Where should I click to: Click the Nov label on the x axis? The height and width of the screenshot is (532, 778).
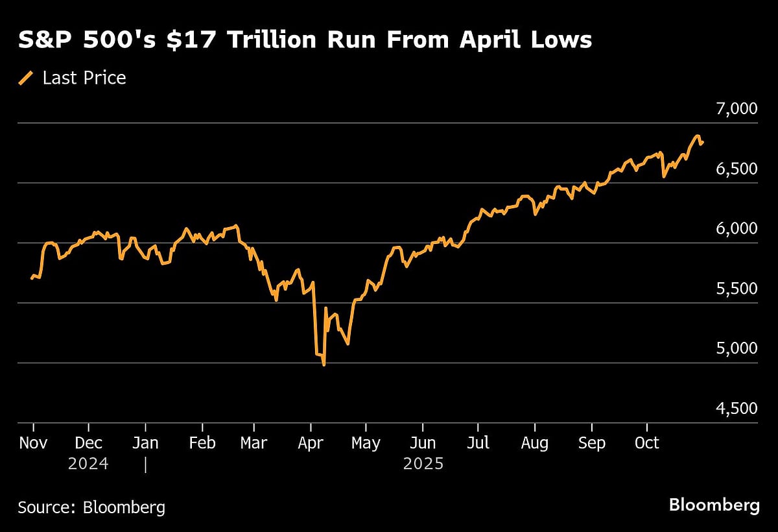[33, 443]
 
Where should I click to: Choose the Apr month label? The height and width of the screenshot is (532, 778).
[311, 443]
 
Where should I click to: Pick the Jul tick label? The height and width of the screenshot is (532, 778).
[478, 443]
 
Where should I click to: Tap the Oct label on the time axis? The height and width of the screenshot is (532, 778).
[646, 443]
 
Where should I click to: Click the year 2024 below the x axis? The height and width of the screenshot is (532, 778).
[89, 465]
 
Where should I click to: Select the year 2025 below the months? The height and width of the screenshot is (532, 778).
[423, 465]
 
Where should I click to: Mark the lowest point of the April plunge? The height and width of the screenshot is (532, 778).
[324, 365]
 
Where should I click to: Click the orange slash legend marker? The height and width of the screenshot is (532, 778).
[26, 79]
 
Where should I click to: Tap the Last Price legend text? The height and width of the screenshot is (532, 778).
[84, 79]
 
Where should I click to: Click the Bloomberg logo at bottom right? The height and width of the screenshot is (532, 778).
[714, 505]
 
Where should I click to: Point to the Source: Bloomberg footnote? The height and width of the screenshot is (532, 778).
[91, 507]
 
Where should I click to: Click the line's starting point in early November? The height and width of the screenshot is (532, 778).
[32, 278]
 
